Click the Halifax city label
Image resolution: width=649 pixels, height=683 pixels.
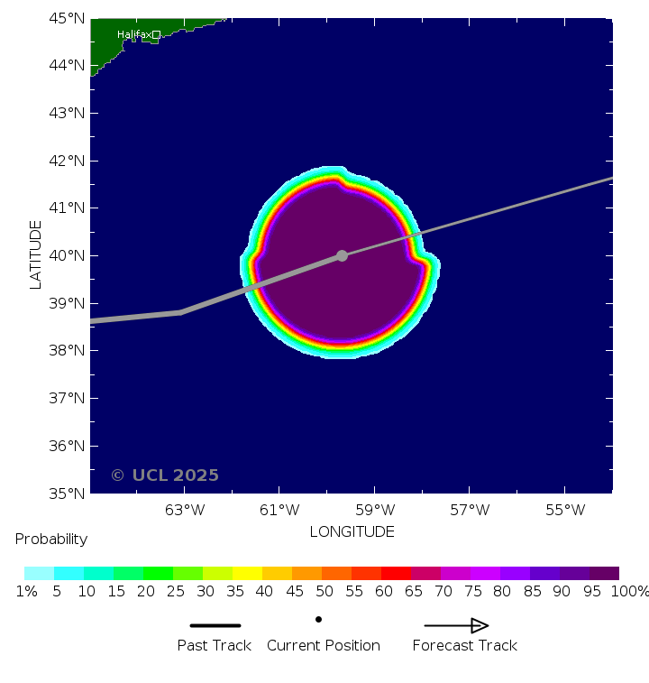(x=133, y=34)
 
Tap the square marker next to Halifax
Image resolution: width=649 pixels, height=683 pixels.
(x=156, y=34)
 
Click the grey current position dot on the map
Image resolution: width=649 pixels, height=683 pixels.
(x=342, y=255)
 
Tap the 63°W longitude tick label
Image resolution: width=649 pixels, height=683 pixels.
(x=185, y=510)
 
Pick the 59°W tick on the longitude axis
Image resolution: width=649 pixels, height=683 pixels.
(x=375, y=510)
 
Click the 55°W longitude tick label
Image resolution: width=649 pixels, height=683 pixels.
(x=565, y=510)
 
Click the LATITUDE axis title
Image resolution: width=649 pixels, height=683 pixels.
(x=36, y=254)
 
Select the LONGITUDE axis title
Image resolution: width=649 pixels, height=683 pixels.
(x=352, y=531)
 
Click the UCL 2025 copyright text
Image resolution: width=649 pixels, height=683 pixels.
(x=165, y=475)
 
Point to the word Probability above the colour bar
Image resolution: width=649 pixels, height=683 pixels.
(x=51, y=540)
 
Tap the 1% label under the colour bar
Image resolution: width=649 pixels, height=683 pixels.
(x=26, y=592)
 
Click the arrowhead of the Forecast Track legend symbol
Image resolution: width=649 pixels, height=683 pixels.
(x=480, y=625)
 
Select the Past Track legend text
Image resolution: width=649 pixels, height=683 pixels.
(x=215, y=645)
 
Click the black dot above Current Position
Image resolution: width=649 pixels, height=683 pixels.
(x=318, y=619)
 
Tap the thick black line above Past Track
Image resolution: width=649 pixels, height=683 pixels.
(x=215, y=625)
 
